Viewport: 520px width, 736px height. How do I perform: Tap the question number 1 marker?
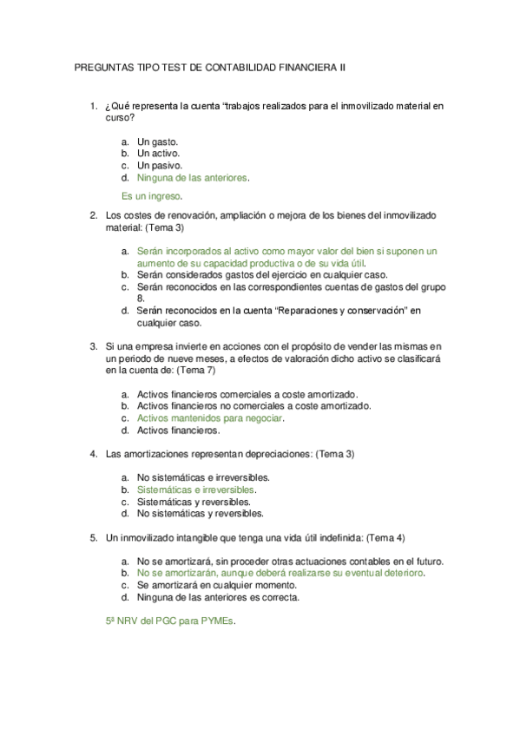click(93, 107)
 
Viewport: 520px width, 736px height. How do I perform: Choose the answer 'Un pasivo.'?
click(160, 165)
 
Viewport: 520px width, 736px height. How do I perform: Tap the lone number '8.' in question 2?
click(142, 297)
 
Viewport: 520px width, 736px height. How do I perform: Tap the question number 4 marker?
click(93, 454)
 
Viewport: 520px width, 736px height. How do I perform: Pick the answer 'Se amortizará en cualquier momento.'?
click(217, 585)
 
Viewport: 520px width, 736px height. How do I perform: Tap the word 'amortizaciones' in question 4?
click(155, 454)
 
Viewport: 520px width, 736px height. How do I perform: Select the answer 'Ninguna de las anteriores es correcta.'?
click(218, 597)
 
